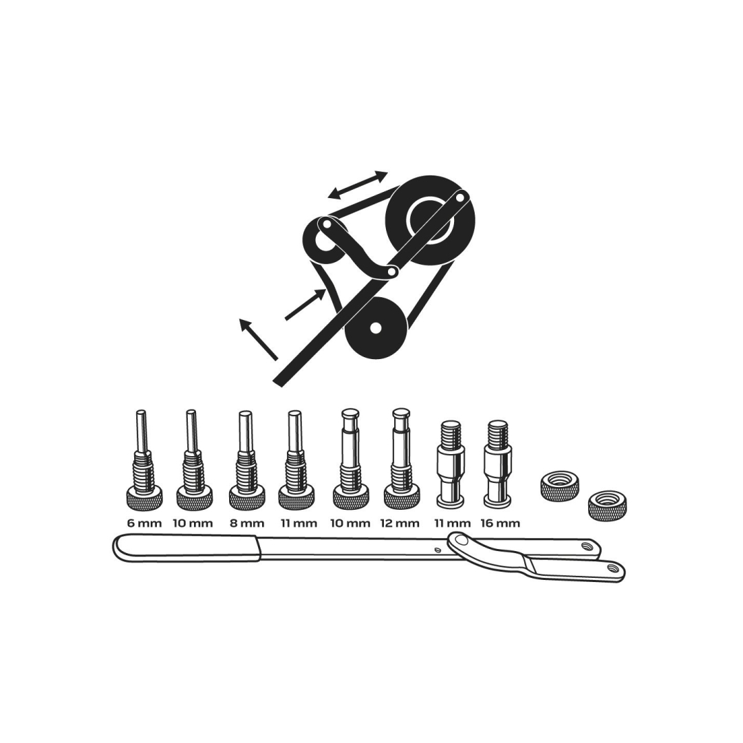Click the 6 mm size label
click(144, 524)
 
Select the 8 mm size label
click(246, 524)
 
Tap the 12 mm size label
click(400, 524)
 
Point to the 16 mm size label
click(500, 524)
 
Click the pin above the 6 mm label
click(144, 459)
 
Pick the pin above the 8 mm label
click(246, 459)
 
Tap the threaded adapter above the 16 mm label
click(497, 462)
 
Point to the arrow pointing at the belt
click(305, 305)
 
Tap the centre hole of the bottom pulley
click(376, 327)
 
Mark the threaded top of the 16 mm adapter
click(497, 433)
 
